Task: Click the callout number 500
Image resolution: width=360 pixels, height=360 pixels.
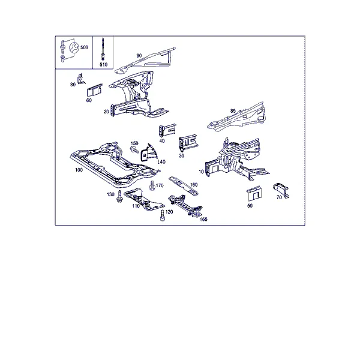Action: (x=84, y=47)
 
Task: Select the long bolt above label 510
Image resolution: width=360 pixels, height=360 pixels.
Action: (x=103, y=49)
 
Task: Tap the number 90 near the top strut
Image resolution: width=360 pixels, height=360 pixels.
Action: (x=139, y=56)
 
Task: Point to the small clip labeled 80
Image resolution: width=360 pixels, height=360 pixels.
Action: (x=81, y=79)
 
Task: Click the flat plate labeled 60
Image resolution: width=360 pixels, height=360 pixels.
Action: (x=94, y=90)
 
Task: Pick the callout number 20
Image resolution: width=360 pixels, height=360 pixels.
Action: (x=106, y=112)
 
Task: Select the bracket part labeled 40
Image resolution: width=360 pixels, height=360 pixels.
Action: (x=167, y=130)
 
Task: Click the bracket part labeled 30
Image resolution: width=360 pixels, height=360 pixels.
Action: (x=188, y=143)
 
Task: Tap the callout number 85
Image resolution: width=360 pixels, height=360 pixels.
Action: (x=233, y=111)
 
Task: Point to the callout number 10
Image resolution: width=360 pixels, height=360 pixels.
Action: (x=201, y=172)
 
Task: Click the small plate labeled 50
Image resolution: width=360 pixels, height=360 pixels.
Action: (x=254, y=193)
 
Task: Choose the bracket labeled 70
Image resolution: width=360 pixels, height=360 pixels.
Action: (x=281, y=190)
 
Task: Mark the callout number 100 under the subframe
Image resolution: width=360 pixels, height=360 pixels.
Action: (x=79, y=170)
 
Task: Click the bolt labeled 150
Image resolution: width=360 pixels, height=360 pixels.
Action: (x=134, y=149)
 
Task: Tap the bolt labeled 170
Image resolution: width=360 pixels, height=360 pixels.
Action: (x=152, y=185)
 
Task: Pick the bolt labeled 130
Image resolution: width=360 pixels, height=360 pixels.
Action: (x=119, y=197)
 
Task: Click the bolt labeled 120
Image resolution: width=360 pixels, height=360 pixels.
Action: (x=163, y=215)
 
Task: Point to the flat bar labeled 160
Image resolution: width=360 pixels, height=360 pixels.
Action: (x=184, y=186)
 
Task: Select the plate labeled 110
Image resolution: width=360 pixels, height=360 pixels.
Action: (x=143, y=199)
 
